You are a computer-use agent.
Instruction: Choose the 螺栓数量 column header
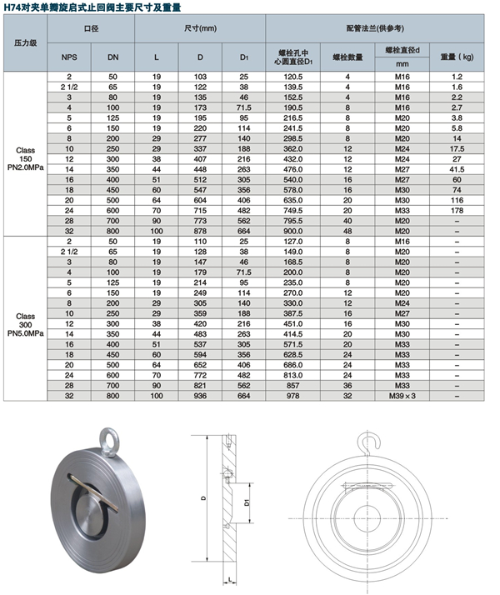[x=347, y=57]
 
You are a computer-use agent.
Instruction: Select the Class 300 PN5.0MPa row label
[x=24, y=322]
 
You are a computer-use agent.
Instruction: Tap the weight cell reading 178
[x=457, y=211]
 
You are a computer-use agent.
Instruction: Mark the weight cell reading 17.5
[x=457, y=147]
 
